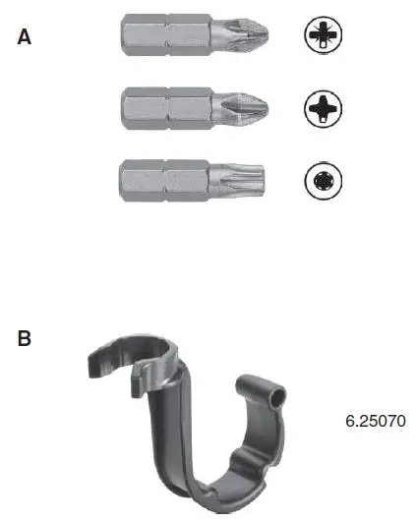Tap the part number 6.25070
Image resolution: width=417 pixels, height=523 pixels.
click(x=375, y=421)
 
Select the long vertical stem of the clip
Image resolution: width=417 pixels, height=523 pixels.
click(x=161, y=433)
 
